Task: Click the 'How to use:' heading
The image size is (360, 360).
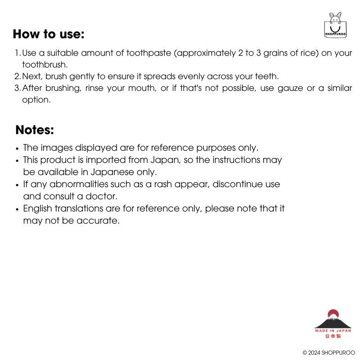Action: pyautogui.click(x=49, y=34)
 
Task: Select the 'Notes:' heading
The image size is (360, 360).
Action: pyautogui.click(x=35, y=130)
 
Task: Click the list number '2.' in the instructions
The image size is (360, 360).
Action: pyautogui.click(x=18, y=76)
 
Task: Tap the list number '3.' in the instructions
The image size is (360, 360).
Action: pyautogui.click(x=18, y=88)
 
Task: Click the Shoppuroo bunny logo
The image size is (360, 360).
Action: pyautogui.click(x=335, y=25)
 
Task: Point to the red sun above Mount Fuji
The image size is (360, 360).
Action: pyautogui.click(x=333, y=313)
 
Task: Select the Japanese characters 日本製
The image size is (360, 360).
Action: pyautogui.click(x=333, y=336)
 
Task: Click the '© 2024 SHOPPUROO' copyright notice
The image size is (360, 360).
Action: pyautogui.click(x=329, y=353)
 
